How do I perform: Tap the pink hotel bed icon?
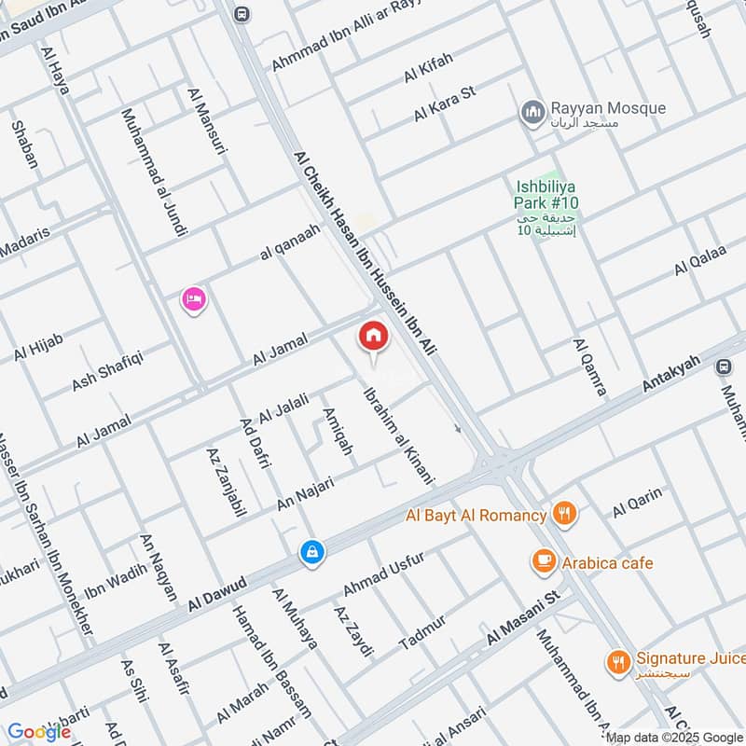[x=194, y=299]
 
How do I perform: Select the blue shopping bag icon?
[x=311, y=552]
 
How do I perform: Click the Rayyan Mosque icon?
[x=533, y=113]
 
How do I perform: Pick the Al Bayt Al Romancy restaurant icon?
[x=564, y=512]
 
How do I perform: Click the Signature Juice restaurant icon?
[x=617, y=662]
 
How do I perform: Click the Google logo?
[x=39, y=732]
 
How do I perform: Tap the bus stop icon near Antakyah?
[x=723, y=366]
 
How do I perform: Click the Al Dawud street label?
[x=216, y=593]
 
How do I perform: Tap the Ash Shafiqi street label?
[x=107, y=370]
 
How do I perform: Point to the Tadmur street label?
[x=422, y=632]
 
